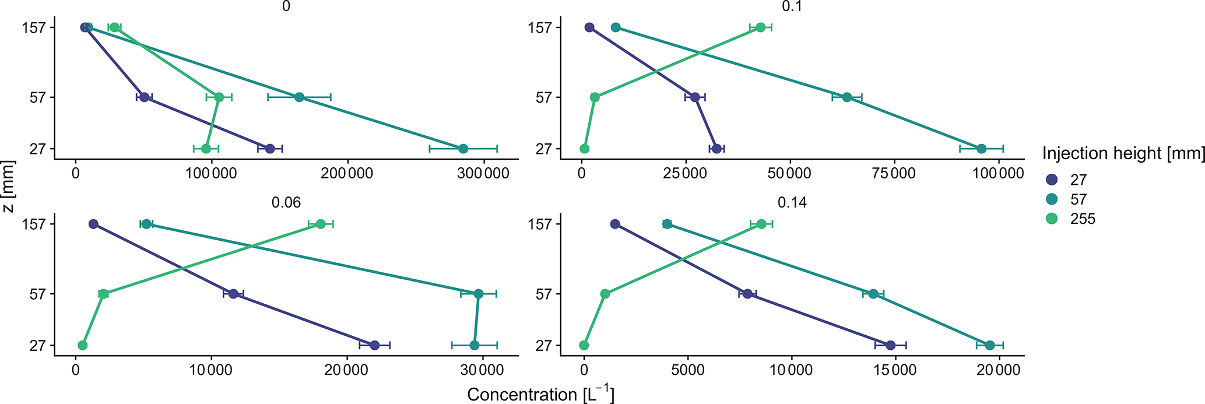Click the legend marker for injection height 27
[1052, 180]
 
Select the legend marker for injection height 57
[1052, 199]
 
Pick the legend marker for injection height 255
[1052, 219]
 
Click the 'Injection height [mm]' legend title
[1123, 153]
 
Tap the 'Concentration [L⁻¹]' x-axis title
[540, 395]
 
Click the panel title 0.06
[286, 202]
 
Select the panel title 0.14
[792, 202]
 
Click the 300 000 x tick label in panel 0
[484, 174]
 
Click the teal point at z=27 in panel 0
[463, 149]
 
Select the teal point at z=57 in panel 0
[299, 97]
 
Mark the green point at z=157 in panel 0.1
[760, 27]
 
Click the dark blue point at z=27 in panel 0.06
[374, 345]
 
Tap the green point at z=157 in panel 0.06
[321, 224]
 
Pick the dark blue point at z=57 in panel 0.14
[747, 294]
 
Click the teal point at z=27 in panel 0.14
[990, 345]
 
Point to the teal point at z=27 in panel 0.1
[981, 149]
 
